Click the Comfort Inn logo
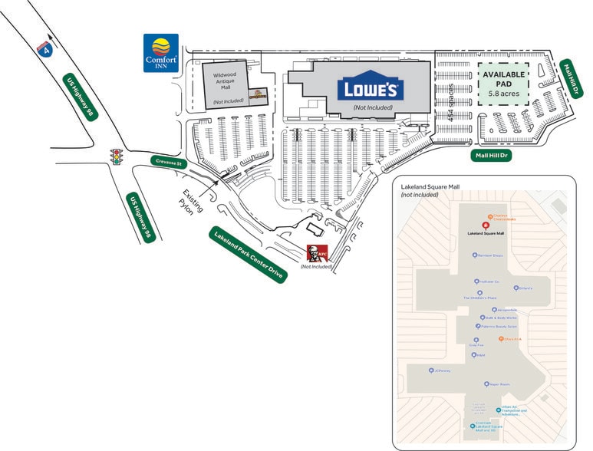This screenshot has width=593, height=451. pos(161,52)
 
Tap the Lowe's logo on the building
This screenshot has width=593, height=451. pos(369,89)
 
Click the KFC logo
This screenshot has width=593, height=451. pos(316,253)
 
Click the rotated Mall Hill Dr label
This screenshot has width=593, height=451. pos(568,79)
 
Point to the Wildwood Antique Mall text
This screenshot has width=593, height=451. pos(226,82)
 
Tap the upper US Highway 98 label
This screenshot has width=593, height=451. pos(80,96)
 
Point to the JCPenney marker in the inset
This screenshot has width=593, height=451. pos(431,370)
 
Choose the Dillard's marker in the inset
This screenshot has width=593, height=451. pos(516,288)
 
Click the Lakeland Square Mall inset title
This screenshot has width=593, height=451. pos(435,186)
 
